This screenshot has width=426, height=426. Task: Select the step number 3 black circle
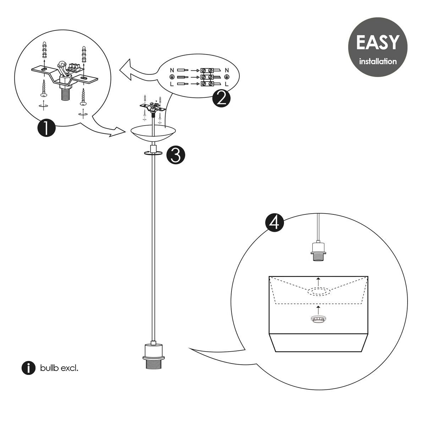pos(176,155)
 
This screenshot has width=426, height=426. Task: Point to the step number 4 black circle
pos(274,222)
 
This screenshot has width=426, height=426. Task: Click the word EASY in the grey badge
pos(377,43)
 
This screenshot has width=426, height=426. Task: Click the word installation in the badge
pos(378,61)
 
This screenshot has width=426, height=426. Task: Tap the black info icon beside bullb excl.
pos(28,368)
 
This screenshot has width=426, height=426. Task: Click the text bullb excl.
pos(59,368)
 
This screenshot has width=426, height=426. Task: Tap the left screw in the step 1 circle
pos(43,88)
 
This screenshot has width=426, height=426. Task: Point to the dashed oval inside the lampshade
pos(318,292)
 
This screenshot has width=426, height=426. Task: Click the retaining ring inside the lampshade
pos(318,319)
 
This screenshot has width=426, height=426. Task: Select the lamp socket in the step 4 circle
pos(318,252)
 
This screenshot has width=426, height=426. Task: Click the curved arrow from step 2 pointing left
pos(137,71)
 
